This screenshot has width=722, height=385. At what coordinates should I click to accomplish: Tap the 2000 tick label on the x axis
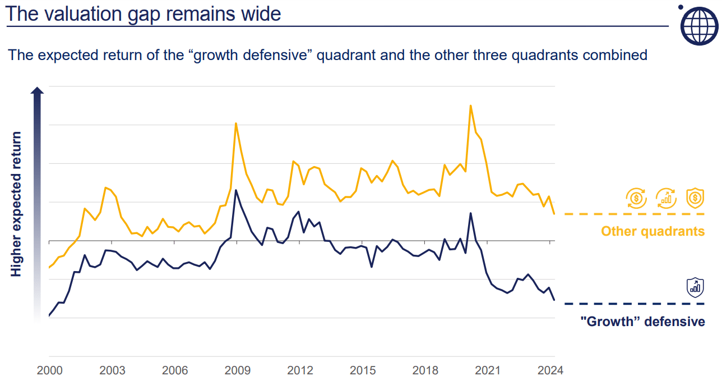coord(49,371)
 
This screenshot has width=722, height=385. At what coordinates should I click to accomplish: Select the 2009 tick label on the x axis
coord(238,371)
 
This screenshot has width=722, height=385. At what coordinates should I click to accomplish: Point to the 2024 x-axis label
coord(550,371)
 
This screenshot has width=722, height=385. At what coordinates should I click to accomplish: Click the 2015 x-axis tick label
coord(363,371)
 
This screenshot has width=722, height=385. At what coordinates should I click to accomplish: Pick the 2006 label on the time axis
coord(175,371)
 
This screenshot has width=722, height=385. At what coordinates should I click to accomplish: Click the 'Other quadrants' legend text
coord(652,231)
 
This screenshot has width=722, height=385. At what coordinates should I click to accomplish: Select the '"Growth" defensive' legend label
coord(642,322)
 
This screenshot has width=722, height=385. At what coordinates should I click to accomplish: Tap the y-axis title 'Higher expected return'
coord(16,204)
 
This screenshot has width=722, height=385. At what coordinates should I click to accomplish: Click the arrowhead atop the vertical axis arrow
coord(37,91)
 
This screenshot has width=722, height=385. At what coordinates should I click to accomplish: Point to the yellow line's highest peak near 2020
coord(470,106)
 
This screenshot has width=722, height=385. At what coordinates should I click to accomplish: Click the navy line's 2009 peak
coord(236,190)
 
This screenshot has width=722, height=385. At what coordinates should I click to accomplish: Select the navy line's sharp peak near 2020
coord(470,213)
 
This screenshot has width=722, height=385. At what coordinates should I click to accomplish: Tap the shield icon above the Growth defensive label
coord(695,287)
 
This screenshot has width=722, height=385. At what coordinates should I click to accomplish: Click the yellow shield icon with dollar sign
coord(695,198)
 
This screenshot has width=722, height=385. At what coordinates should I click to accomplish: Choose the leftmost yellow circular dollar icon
coord(636,198)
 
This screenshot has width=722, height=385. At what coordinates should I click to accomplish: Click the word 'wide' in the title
coord(262,13)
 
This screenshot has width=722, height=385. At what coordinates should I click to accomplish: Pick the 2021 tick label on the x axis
coord(488,371)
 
